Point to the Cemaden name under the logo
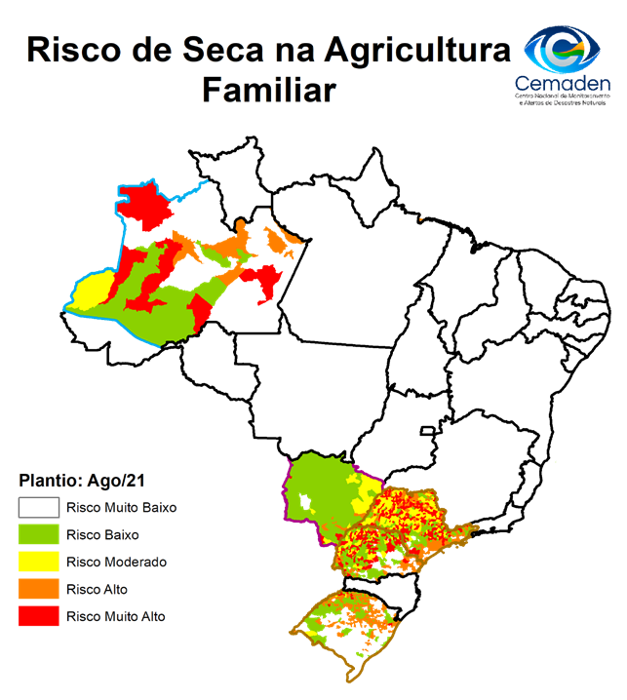point(563,86)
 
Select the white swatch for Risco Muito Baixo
point(38,508)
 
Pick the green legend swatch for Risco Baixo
point(38,535)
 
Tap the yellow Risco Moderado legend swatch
point(38,563)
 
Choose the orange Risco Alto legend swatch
point(38,590)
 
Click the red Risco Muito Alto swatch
point(38,617)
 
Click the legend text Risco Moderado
point(116,563)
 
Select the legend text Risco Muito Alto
point(116,617)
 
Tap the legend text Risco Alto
point(97,590)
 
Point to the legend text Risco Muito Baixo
point(121,508)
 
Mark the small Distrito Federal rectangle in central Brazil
point(426,430)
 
